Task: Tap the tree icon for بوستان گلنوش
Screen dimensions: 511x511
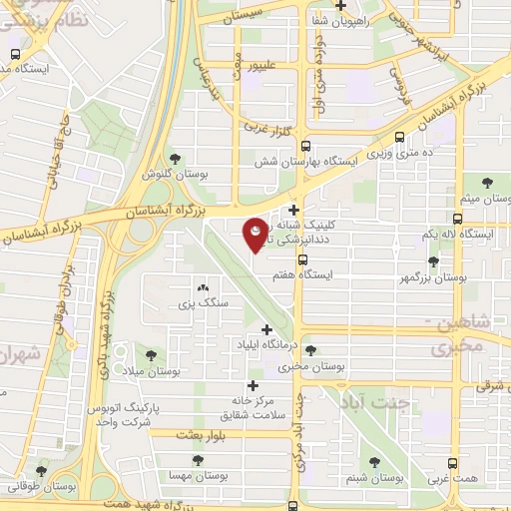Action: point(176,158)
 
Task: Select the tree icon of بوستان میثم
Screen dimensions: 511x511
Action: point(487,183)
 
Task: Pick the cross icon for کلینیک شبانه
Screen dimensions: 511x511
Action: point(293,210)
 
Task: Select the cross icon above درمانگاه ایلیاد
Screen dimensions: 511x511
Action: point(266,329)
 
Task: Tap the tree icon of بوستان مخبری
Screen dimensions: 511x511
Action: point(311,351)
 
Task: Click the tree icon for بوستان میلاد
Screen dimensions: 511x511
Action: point(152,354)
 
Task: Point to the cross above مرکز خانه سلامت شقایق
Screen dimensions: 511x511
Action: point(253,385)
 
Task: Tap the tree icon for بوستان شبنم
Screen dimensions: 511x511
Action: point(374,462)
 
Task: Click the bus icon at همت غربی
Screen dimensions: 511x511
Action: point(453,463)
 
